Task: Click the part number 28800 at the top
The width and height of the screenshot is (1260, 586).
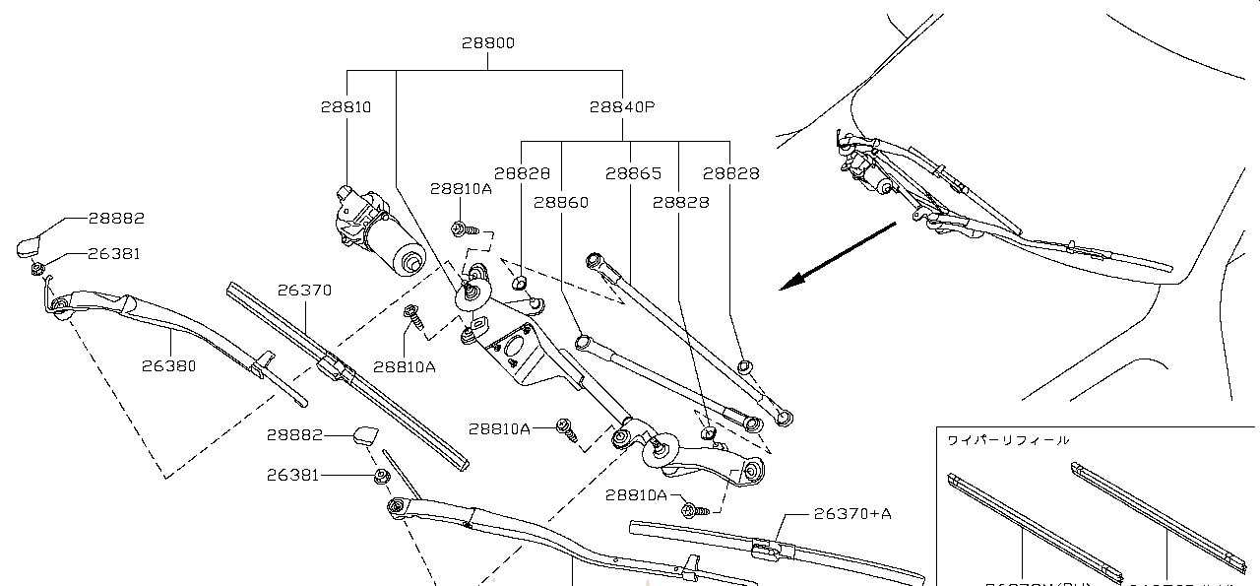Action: [x=488, y=43]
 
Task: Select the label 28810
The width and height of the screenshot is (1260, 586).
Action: [x=346, y=106]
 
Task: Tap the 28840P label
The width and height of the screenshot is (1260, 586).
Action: [x=622, y=106]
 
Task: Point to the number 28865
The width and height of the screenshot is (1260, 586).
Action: [x=633, y=173]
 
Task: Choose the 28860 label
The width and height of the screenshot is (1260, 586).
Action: [x=561, y=203]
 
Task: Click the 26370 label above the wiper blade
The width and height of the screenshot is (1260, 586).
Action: [x=304, y=291]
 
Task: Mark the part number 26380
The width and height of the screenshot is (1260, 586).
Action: [x=168, y=365]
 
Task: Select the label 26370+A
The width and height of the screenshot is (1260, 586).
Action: [x=852, y=513]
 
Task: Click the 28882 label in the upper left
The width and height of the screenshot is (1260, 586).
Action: [x=116, y=219]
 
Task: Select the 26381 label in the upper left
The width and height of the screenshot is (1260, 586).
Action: [x=113, y=253]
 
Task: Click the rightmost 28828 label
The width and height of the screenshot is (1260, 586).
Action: [x=730, y=173]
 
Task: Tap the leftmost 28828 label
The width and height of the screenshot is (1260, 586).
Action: [x=522, y=173]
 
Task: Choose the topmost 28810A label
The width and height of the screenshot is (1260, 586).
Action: [x=460, y=188]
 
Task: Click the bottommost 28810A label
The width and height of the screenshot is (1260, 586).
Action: [x=636, y=494]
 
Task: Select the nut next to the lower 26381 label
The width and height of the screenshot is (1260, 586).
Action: [x=382, y=478]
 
